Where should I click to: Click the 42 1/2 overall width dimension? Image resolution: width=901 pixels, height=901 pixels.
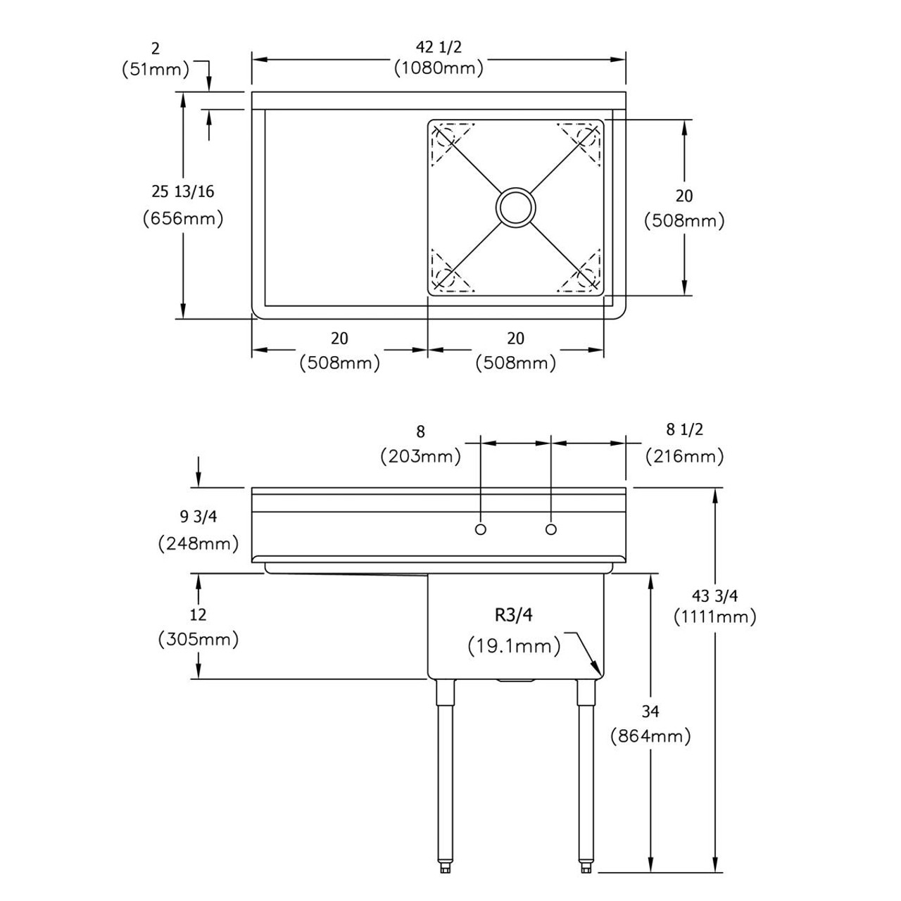coord(439,47)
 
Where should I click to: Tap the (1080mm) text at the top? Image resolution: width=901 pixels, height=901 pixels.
coord(439,68)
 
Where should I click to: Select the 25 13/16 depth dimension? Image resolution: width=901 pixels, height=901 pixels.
coord(183,191)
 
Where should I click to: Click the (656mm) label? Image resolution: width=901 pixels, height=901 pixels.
coord(183,218)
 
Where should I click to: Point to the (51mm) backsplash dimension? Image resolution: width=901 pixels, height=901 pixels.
coord(156,69)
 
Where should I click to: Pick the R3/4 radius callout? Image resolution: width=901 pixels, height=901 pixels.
coord(513,615)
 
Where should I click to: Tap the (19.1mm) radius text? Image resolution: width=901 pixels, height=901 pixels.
coord(514,645)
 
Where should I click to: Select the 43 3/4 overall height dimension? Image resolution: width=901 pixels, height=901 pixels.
coord(714,596)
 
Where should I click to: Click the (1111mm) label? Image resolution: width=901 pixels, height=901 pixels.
coord(714,617)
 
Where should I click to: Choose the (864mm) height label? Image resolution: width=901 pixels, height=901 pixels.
coord(650,736)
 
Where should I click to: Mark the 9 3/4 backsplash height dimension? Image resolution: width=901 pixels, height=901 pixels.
coord(199,517)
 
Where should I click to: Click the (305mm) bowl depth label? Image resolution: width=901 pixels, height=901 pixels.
coord(199,639)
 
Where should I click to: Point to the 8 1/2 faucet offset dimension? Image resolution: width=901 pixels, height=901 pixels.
coord(685,429)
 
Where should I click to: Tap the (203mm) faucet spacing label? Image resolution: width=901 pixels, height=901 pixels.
coord(420,456)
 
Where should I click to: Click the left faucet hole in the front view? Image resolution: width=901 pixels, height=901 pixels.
coord(480,529)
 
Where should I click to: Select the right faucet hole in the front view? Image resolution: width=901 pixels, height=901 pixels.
coord(550,529)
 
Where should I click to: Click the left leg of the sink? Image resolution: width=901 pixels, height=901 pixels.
coord(445,774)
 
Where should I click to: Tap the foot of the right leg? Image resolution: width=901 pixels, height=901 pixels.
coord(586,868)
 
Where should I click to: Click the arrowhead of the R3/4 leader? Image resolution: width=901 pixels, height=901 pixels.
coord(597,672)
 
